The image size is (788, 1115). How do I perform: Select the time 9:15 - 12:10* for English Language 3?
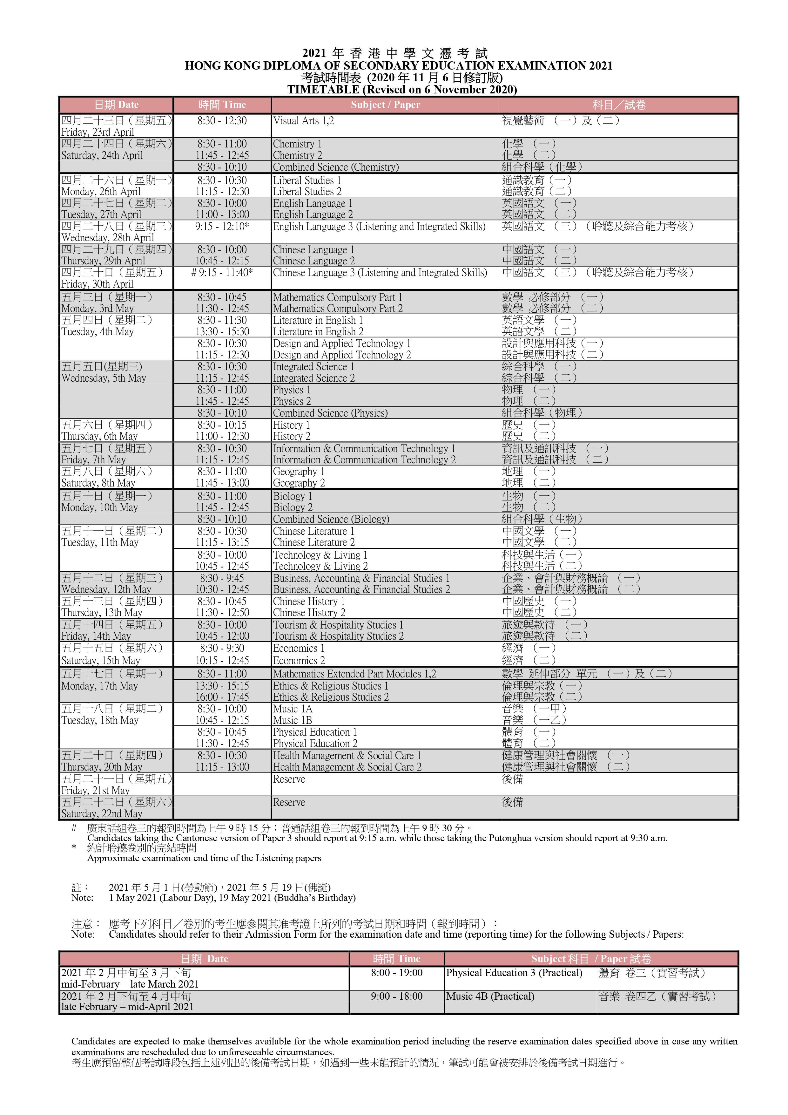click(222, 226)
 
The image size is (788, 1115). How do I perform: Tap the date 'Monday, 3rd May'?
click(97, 308)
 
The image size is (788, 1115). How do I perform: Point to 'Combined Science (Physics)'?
click(330, 413)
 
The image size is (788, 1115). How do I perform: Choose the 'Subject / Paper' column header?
click(386, 105)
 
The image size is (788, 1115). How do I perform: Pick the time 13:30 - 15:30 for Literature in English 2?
click(222, 332)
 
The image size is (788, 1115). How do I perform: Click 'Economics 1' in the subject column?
click(298, 648)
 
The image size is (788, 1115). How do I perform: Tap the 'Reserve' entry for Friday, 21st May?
click(289, 779)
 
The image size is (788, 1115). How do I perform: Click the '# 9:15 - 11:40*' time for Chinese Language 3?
click(222, 272)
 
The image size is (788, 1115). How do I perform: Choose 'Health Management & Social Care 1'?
click(347, 756)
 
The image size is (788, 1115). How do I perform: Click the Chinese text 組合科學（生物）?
click(542, 519)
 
